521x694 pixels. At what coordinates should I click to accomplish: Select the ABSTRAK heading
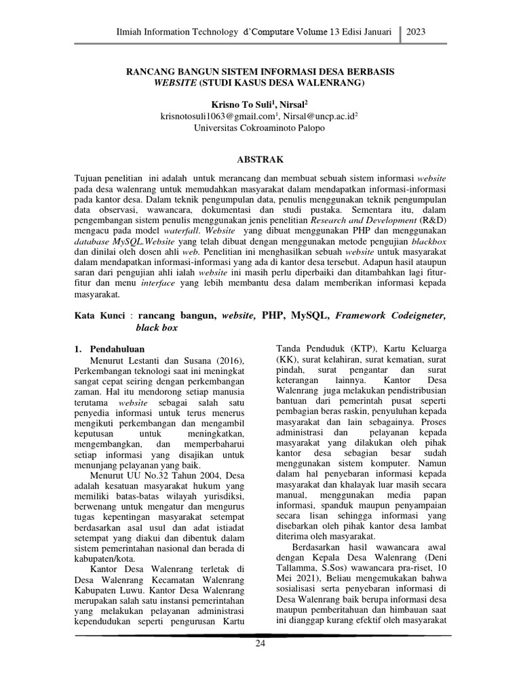point(260,160)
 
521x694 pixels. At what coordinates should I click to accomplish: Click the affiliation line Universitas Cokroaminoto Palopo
point(260,127)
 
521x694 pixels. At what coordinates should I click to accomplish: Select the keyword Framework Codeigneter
point(391,315)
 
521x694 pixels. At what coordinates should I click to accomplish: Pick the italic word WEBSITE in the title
point(175,83)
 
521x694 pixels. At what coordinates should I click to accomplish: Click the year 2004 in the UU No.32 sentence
point(206,476)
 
